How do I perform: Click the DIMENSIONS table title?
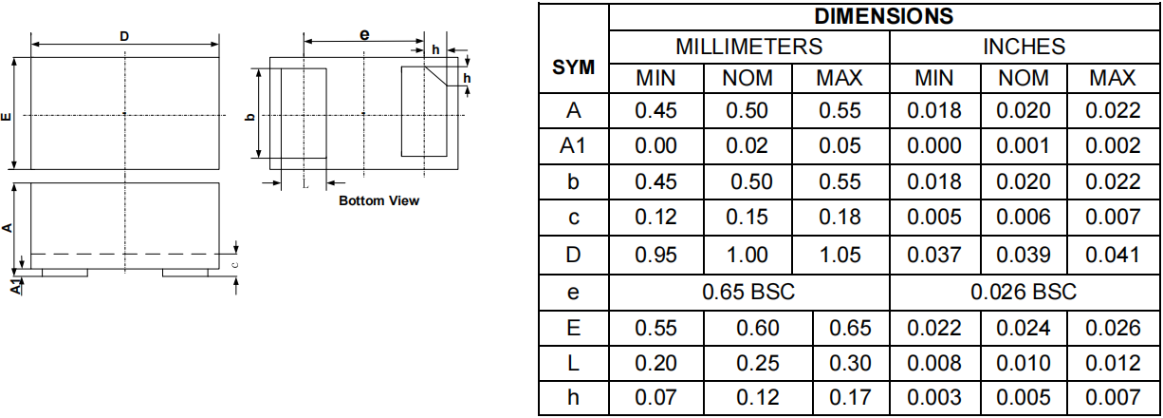[x=884, y=16]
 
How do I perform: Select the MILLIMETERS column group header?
[x=748, y=47]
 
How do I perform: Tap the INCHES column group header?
[x=1024, y=47]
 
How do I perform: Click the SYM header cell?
[x=573, y=67]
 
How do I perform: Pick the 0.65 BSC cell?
[x=748, y=292]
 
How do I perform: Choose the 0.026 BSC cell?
[x=1024, y=292]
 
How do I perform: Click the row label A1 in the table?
[x=573, y=146]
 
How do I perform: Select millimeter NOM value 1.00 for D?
[x=747, y=255]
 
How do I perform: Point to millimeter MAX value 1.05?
[x=840, y=255]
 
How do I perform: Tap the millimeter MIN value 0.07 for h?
[x=655, y=397]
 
